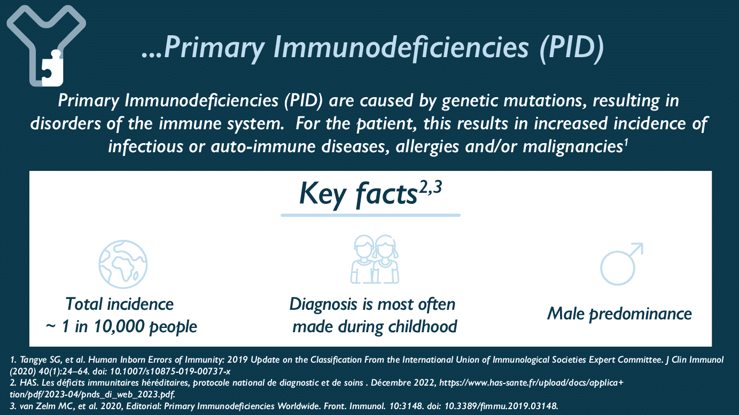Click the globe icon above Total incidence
[x=123, y=264]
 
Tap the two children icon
[x=375, y=259]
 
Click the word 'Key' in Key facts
[x=322, y=194]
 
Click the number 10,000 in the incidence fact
[x=119, y=326]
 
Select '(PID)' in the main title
[x=572, y=48]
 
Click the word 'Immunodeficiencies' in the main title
[x=401, y=48]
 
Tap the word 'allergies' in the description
[x=427, y=147]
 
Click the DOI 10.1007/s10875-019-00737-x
[x=170, y=371]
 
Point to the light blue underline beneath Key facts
[x=370, y=215]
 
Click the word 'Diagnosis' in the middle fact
[x=323, y=304]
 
